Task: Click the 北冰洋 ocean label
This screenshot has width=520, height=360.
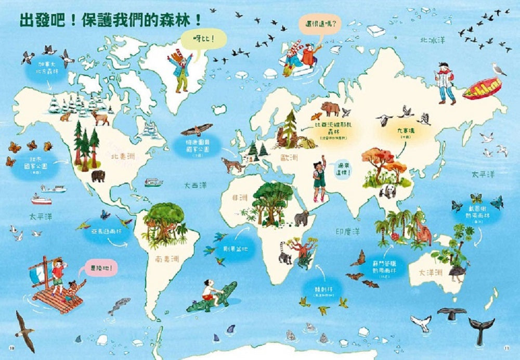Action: pos(433,40)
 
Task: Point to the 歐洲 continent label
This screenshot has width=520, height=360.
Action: pos(290,157)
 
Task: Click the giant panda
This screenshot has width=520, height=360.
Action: pos(387,192)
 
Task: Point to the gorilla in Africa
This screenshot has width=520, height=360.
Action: pos(302,218)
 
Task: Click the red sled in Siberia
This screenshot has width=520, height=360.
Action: pos(482,88)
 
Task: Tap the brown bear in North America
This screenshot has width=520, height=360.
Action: pos(98,176)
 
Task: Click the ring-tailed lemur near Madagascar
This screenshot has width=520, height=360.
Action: pos(285,253)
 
